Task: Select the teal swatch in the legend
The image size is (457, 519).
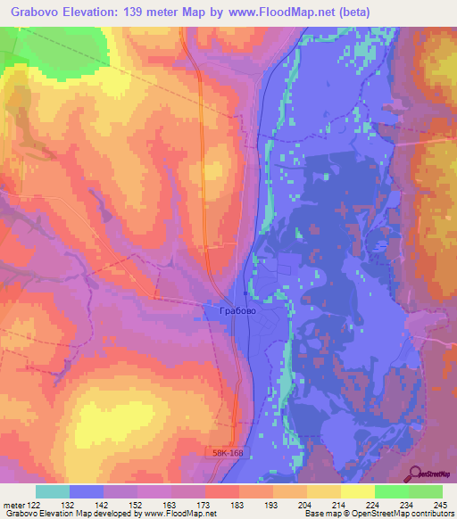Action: pyautogui.click(x=53, y=491)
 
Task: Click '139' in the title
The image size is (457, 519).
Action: pyautogui.click(x=132, y=12)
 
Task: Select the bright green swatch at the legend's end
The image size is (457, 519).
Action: pyautogui.click(x=426, y=491)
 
